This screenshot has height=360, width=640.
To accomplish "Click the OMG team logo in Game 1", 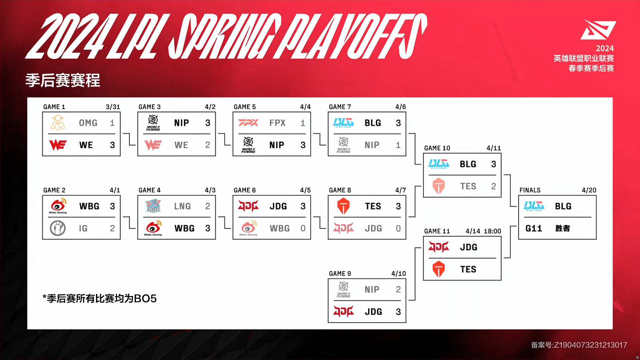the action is coord(58,123).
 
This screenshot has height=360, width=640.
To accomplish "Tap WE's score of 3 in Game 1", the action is coord(112,145).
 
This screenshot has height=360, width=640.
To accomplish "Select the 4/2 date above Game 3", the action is coord(210,107).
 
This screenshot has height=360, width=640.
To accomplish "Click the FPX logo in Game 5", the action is coord(248,123).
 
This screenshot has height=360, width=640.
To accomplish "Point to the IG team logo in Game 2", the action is coord(58,228).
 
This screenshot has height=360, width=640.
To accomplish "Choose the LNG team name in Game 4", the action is coord(182,206).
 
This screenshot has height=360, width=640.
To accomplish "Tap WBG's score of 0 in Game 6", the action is coord(303,228).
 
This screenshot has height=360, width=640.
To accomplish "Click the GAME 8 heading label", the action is coord(340,190).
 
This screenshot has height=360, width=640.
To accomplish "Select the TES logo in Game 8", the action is coord(343,206).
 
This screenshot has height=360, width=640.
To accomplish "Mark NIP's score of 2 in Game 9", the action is coord(398,289).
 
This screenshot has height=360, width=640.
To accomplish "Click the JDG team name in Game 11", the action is coord(469,247).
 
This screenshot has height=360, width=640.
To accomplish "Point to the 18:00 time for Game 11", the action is coord(492,231).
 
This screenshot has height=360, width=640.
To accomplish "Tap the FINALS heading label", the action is coord(530,190).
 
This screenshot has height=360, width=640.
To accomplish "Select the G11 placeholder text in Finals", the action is coord(534,228).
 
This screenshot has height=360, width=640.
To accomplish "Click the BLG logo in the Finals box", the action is coord(534,206).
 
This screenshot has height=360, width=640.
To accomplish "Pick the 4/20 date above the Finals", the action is coord(589,190).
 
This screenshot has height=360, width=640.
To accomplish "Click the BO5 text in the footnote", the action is coord(145,298).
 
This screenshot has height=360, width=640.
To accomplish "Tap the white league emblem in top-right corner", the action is coord(598,29).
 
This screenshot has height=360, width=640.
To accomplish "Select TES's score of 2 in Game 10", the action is coord(494,186).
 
